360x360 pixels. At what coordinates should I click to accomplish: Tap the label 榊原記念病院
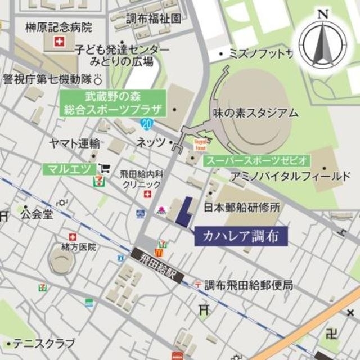58,26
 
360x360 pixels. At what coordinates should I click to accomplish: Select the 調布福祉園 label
154,19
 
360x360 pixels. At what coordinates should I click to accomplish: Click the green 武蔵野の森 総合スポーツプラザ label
112,102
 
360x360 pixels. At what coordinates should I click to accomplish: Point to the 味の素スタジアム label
255,112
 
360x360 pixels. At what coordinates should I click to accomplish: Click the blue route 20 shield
147,123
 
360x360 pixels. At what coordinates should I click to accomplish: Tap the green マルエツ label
68,168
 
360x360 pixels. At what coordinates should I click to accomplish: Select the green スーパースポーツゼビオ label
256,160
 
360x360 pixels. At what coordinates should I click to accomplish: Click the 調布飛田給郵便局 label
248,285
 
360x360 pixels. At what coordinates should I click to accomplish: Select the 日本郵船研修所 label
242,206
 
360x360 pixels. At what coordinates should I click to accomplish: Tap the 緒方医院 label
79,247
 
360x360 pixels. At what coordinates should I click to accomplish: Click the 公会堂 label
37,214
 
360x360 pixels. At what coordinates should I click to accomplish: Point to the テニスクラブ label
44,343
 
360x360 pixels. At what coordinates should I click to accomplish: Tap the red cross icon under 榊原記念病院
58,42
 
